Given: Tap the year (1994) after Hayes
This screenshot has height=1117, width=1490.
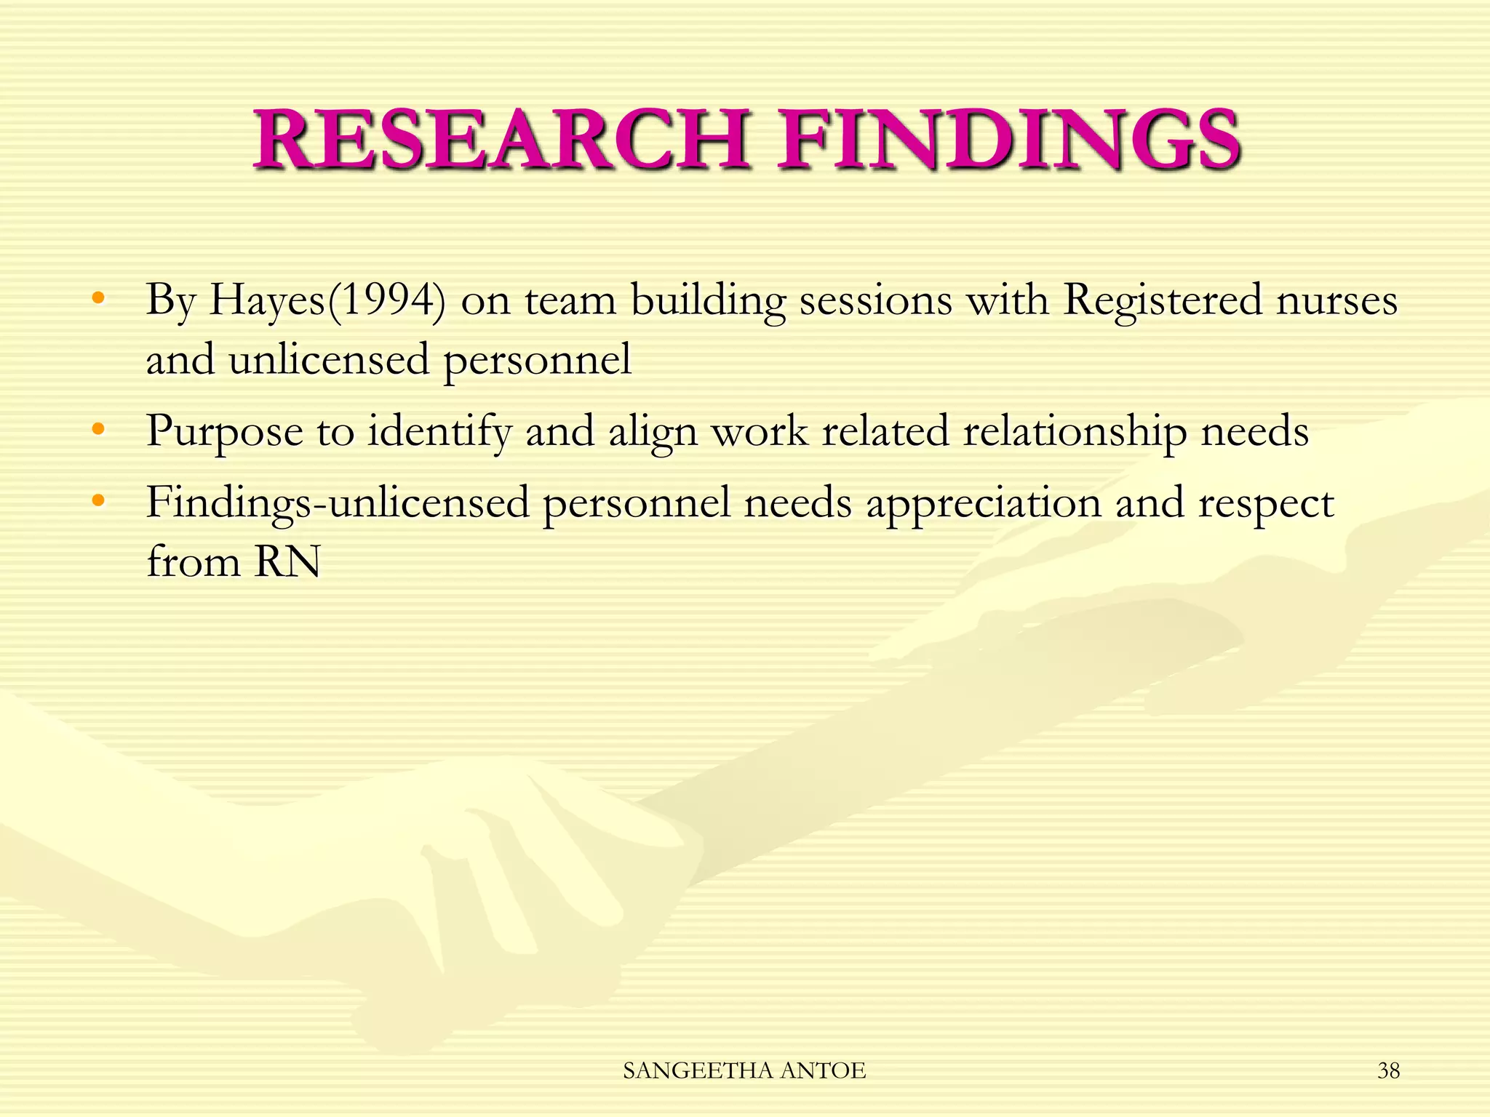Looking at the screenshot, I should pos(386,300).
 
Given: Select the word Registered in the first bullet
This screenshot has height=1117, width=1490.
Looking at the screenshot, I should pos(1162,300).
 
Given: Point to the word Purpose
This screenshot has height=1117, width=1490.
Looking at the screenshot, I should pos(224,431).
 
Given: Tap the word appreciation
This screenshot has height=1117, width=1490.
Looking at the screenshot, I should pos(983,503).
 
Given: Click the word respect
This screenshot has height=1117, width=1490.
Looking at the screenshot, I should pos(1265,503).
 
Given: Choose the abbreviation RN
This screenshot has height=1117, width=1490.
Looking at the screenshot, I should pos(287,561).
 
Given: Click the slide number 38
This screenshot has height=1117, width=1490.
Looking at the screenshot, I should pos(1388,1070).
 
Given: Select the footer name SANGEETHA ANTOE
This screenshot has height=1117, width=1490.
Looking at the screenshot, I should pos(744,1070).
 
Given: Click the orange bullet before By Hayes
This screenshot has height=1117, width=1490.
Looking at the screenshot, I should pos(98,298).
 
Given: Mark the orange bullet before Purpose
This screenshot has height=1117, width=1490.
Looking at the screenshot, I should pos(98,429).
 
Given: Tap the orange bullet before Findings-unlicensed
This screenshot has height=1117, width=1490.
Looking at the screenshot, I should pos(98,501).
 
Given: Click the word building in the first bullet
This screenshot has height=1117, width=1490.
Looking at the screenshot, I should pos(708,300).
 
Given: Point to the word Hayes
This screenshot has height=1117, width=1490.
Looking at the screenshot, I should pos(266,300).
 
